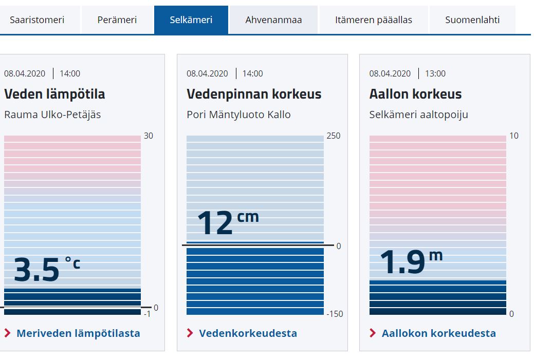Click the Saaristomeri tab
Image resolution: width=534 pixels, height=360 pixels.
click(37, 20)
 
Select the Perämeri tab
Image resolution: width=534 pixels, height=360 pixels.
click(117, 20)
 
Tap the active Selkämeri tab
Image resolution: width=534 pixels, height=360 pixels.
click(191, 20)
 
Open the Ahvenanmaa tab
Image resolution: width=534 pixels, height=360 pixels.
click(273, 20)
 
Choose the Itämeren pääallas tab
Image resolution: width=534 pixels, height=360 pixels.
click(374, 20)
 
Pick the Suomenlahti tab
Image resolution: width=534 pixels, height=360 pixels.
click(472, 20)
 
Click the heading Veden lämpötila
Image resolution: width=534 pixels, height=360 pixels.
click(54, 94)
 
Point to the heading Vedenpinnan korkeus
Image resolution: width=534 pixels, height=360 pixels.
click(254, 94)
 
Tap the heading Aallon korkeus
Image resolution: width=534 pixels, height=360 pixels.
click(415, 94)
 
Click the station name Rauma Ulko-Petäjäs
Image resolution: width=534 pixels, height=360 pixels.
click(52, 115)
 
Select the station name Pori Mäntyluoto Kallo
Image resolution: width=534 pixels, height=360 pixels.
click(238, 115)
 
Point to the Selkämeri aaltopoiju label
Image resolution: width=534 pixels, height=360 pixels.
click(418, 115)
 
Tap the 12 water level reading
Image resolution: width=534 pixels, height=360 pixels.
click(215, 224)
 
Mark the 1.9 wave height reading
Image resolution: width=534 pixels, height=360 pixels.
click(402, 262)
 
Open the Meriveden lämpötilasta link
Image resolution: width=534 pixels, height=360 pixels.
click(78, 333)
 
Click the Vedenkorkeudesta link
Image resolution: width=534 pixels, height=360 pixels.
click(248, 333)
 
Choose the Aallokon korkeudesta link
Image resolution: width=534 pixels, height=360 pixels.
click(438, 333)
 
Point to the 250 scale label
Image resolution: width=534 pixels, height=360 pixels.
click(333, 136)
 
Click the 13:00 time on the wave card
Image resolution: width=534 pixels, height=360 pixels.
click(435, 73)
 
